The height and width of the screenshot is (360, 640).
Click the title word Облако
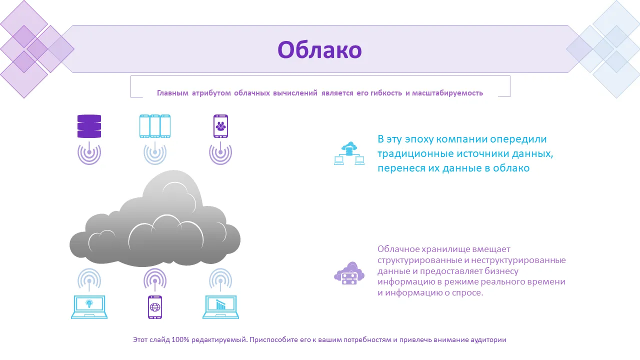[319, 49]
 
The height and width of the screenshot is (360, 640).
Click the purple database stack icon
[89, 126]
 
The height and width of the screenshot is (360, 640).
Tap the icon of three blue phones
[155, 126]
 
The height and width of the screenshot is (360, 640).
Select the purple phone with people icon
[220, 126]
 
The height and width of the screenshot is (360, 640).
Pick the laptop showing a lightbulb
[89, 307]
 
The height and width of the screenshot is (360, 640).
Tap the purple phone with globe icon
[155, 307]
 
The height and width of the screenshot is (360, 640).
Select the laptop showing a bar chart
[220, 307]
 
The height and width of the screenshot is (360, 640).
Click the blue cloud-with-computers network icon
[349, 153]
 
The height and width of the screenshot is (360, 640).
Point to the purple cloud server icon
[349, 273]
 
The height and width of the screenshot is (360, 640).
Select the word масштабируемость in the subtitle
[447, 93]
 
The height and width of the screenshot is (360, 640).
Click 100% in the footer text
[180, 339]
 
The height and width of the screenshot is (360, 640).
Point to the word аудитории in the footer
[488, 339]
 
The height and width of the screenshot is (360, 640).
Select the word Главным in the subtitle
[172, 93]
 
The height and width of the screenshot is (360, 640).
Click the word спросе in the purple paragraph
[467, 293]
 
